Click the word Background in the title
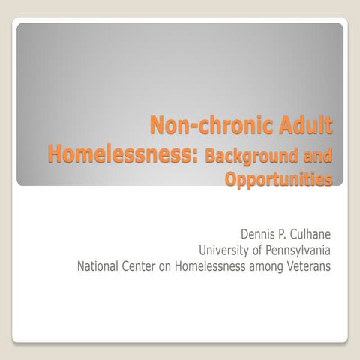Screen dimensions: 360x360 point(250,156)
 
